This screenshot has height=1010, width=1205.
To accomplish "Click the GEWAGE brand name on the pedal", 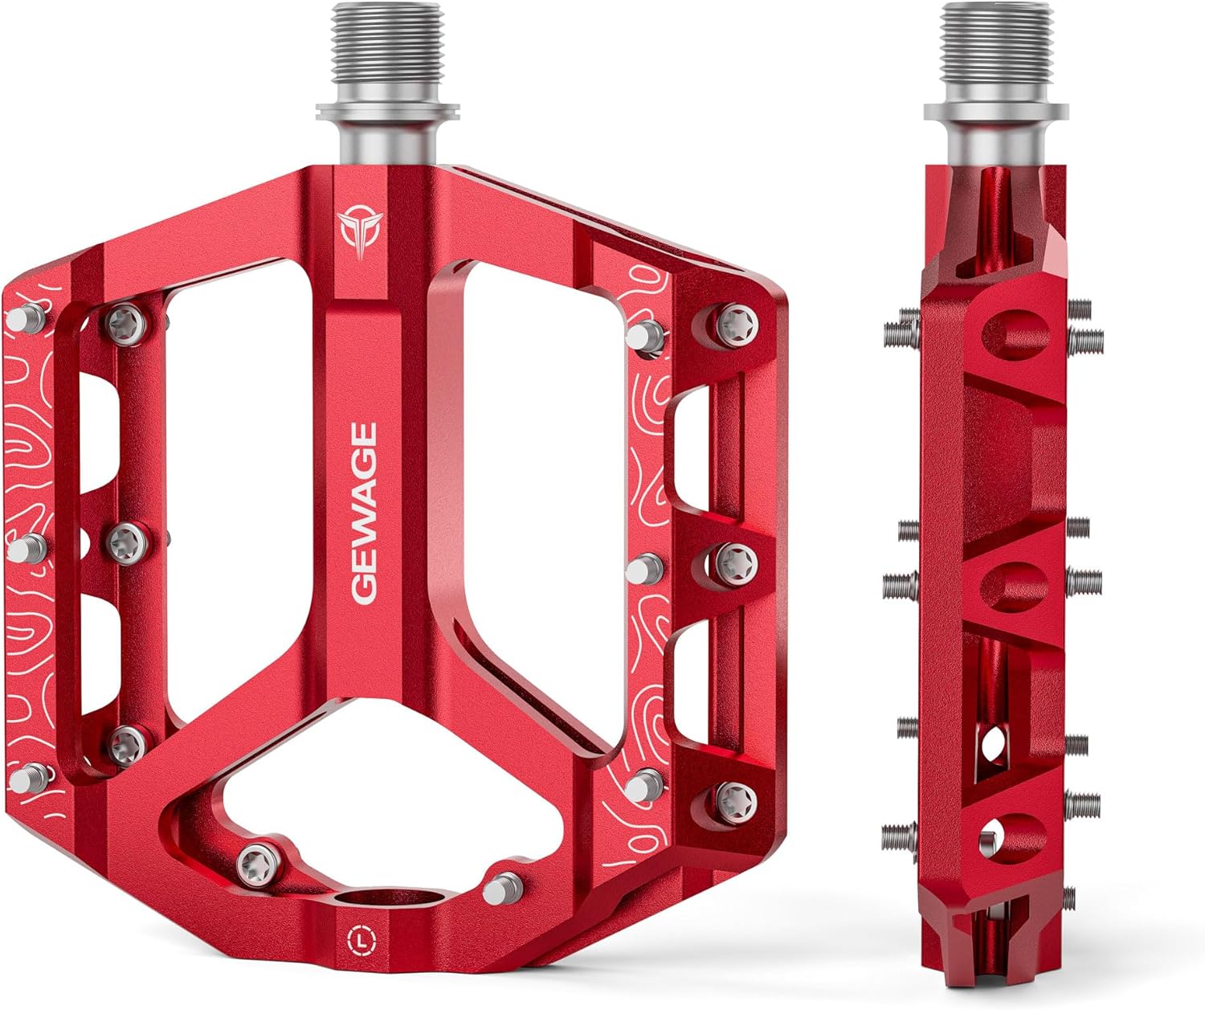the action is click(364, 513).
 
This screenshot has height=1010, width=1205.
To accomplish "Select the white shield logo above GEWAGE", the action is click(361, 232).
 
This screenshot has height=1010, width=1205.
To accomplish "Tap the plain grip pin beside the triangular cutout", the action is click(501, 889).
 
